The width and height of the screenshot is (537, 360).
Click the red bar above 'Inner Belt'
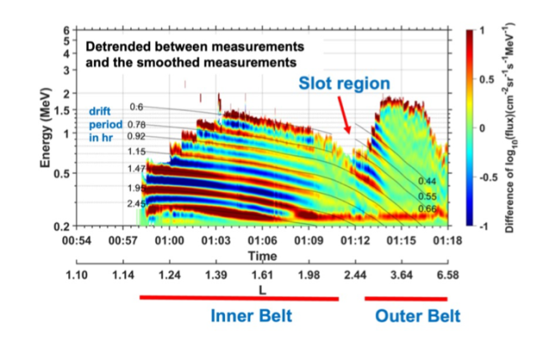pos(239,297)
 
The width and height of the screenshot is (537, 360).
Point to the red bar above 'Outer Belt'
pos(407,298)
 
